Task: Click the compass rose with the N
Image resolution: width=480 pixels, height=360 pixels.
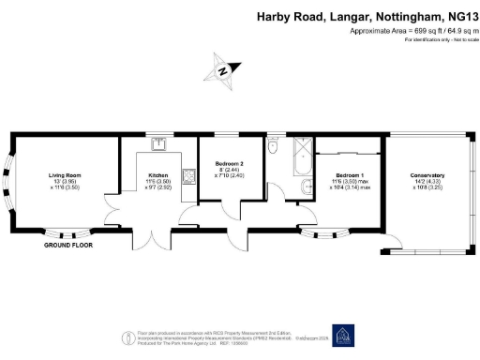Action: (x=221, y=70)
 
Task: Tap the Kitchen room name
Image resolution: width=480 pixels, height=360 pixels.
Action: (x=157, y=175)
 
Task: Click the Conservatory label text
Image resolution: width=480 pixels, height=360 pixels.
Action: (x=427, y=175)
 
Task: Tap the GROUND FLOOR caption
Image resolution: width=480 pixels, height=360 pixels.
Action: (x=68, y=246)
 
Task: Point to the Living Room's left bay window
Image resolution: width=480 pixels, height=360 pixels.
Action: (x=16, y=185)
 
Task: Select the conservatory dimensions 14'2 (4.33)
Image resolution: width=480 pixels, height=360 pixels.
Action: (x=427, y=182)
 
